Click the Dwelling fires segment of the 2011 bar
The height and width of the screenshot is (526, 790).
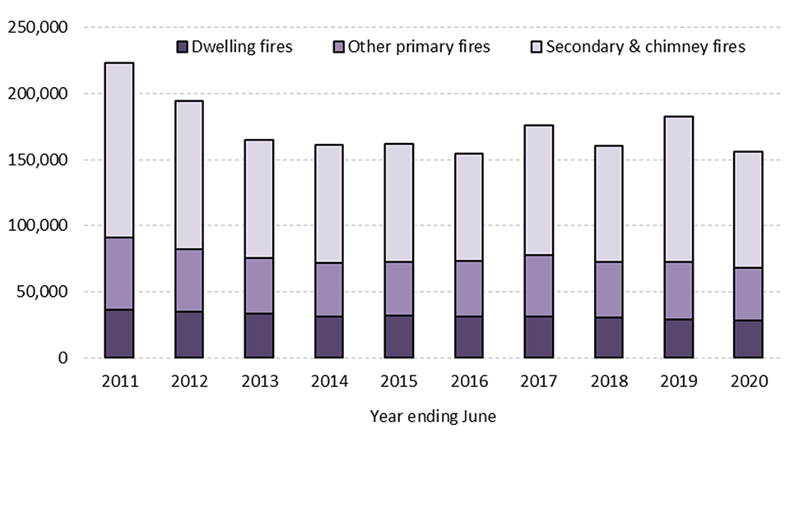pyautogui.click(x=118, y=334)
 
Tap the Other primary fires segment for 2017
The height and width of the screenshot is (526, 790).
pyautogui.click(x=539, y=286)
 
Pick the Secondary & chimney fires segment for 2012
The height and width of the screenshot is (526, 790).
pyautogui.click(x=188, y=175)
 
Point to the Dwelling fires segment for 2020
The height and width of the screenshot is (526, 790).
pyautogui.click(x=749, y=339)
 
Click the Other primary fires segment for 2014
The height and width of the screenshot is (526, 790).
pyautogui.click(x=328, y=289)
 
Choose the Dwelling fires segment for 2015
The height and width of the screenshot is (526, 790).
pyautogui.click(x=398, y=336)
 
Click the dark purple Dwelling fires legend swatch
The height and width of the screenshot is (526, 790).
pyautogui.click(x=183, y=46)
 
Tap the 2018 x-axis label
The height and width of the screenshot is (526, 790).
pyautogui.click(x=609, y=382)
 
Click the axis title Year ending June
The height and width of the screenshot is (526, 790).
pyautogui.click(x=433, y=417)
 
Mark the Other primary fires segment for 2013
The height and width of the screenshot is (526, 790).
pyautogui.click(x=258, y=286)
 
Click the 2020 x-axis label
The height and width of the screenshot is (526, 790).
pyautogui.click(x=749, y=382)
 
